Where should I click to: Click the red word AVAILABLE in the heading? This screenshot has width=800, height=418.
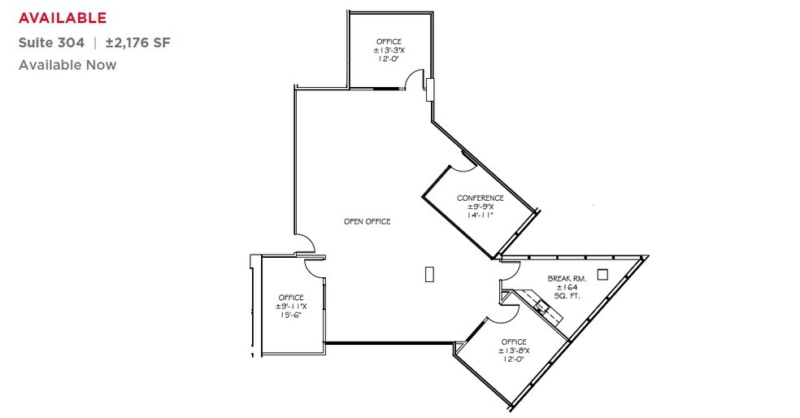coord(63,16)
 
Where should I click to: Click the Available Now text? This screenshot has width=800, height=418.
coord(67,64)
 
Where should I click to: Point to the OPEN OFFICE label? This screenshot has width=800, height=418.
coord(367,221)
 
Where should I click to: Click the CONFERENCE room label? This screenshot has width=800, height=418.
coord(480,198)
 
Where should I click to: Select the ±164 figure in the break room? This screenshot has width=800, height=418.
coord(567,287)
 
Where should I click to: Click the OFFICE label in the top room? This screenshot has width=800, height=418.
coord(389,41)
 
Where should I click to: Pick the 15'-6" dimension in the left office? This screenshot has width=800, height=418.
coord(291,316)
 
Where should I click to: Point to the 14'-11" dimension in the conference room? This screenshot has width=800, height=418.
coord(480,216)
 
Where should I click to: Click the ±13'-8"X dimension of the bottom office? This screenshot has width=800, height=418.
coord(514,351)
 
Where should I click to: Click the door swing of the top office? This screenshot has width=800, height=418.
coord(415,79)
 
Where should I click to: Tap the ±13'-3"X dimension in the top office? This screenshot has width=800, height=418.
coord(389,50)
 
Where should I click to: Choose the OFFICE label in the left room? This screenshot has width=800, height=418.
coord(291,298)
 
